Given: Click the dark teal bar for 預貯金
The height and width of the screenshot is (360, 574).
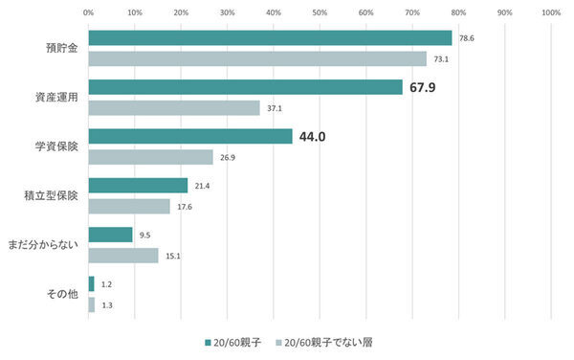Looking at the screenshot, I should pos(270,38).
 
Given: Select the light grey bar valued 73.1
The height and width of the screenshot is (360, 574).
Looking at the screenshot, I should pos(257,59).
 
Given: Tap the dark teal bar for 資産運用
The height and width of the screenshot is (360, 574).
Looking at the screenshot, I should pos(245,87).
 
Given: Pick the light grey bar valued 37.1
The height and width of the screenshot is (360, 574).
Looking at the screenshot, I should pos(174,108).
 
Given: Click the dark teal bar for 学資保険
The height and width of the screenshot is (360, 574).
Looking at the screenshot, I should pos(190,137).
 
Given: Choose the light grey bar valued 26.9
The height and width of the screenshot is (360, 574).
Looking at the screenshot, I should pos(150,157).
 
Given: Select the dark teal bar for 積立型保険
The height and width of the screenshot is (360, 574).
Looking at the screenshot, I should pos(138,186).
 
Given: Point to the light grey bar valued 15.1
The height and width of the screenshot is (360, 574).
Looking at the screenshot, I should pos(123,256).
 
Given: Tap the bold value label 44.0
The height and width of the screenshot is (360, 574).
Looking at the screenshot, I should pos(313,137).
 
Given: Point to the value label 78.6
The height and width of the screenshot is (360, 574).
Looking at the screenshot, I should pos(467,38).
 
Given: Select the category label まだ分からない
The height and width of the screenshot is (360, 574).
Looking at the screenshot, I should pos(50,245).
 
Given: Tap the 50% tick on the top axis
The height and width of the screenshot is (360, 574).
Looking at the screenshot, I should pos(320,12).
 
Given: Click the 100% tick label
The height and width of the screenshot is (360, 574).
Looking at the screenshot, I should pos(550,12).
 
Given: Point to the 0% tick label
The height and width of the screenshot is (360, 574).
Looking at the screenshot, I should pos(88,12).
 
